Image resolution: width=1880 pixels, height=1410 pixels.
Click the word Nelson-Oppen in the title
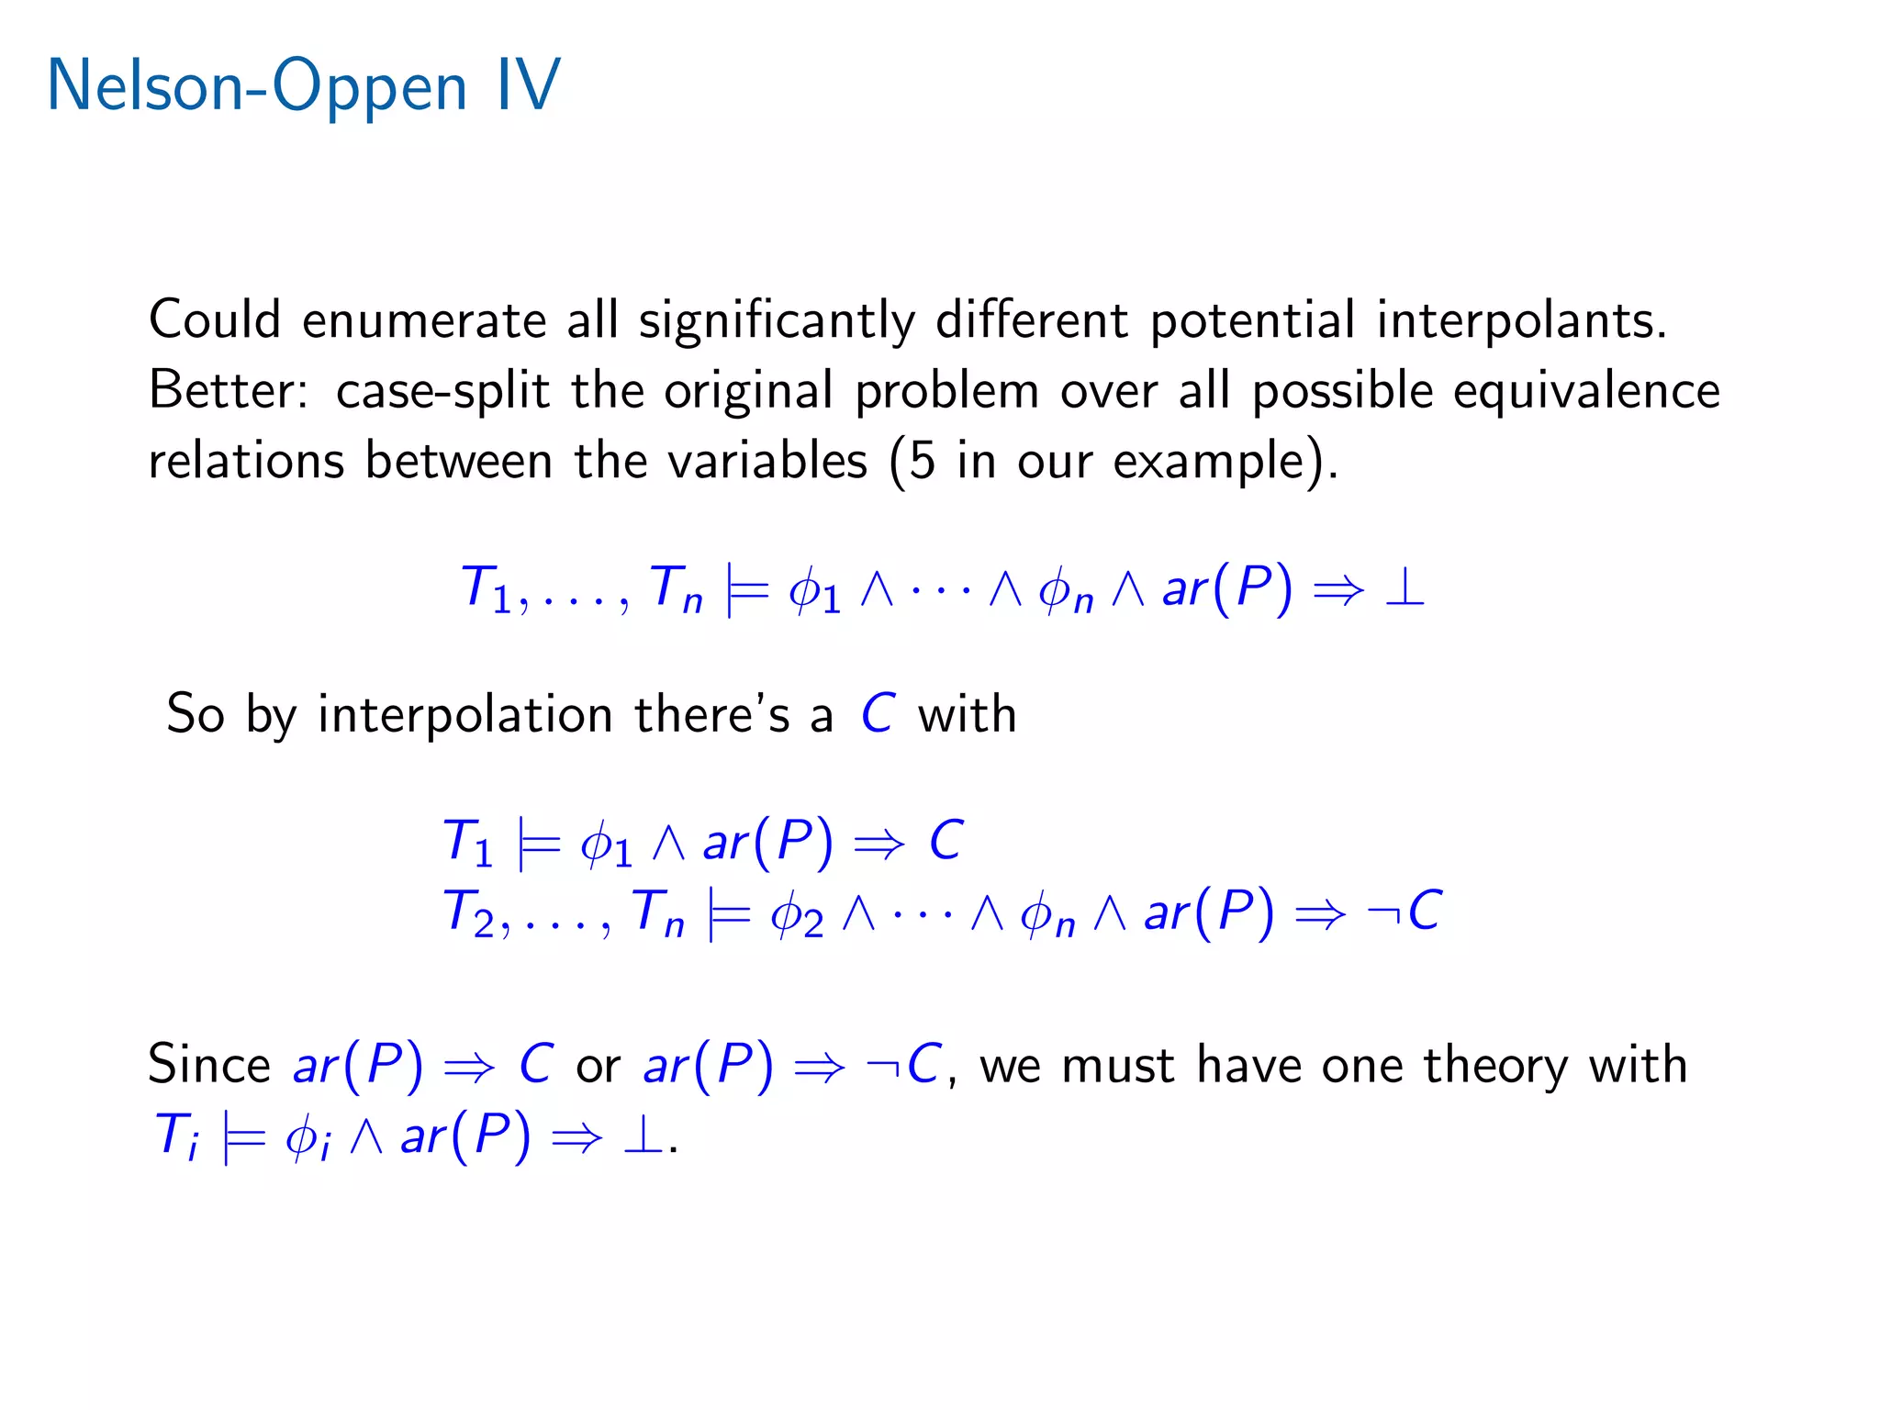(x=257, y=87)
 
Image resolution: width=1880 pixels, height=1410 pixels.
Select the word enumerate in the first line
(x=424, y=321)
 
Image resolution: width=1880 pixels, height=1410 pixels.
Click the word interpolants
(x=1521, y=321)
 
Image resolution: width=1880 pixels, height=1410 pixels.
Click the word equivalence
(x=1586, y=392)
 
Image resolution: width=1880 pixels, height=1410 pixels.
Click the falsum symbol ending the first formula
(x=1404, y=587)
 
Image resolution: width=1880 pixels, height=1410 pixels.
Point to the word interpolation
(x=464, y=715)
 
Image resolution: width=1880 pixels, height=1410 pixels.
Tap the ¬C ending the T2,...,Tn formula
(x=1404, y=912)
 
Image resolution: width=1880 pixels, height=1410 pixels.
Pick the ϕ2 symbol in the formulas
(x=796, y=915)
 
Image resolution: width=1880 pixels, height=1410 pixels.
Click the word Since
(x=209, y=1065)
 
